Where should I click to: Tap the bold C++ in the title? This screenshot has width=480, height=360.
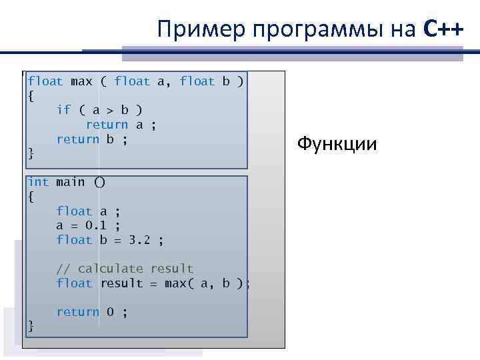pos(443,29)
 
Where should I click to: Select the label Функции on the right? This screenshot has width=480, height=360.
pos(337,143)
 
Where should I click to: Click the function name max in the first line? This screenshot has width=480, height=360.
pos(81,81)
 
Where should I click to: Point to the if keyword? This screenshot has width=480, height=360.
pos(63,110)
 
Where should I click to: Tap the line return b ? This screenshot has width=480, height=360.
pos(92,139)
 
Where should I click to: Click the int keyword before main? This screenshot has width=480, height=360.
pos(38,182)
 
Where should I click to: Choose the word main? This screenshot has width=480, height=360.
pos(71,182)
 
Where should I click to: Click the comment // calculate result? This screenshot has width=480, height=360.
pos(125,269)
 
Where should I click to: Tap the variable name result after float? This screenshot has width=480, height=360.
pos(121,283)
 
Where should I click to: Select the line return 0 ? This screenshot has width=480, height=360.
pos(92,312)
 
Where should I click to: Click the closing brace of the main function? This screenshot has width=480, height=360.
pos(31,326)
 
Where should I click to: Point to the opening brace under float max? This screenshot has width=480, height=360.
pos(31,96)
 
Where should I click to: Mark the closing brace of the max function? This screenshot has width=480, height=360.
pos(31,154)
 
